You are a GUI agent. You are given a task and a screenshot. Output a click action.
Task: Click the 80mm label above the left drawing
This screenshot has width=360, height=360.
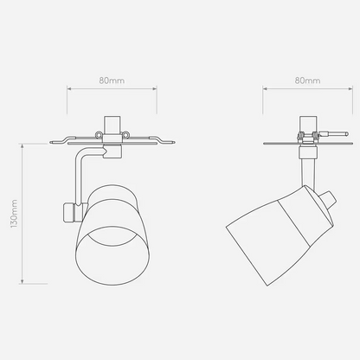point(112,80)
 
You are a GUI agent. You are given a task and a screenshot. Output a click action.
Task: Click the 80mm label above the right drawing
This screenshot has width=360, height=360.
point(307,80)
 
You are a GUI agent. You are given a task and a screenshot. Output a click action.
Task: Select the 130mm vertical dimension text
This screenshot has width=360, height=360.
point(14,214)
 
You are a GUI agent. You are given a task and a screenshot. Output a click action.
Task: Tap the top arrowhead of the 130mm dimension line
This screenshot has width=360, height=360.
point(22,146)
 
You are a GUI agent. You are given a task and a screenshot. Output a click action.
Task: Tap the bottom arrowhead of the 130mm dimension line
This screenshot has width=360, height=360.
point(22,281)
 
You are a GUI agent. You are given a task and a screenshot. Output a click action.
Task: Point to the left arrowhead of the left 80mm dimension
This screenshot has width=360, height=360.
point(69,88)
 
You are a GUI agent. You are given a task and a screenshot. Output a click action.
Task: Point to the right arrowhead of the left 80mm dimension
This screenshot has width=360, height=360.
point(154,88)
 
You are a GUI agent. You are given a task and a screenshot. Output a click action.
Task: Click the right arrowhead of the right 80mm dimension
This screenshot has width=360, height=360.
point(350,88)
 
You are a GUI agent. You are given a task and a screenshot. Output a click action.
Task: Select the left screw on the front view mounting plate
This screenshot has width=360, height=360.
point(99,134)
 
